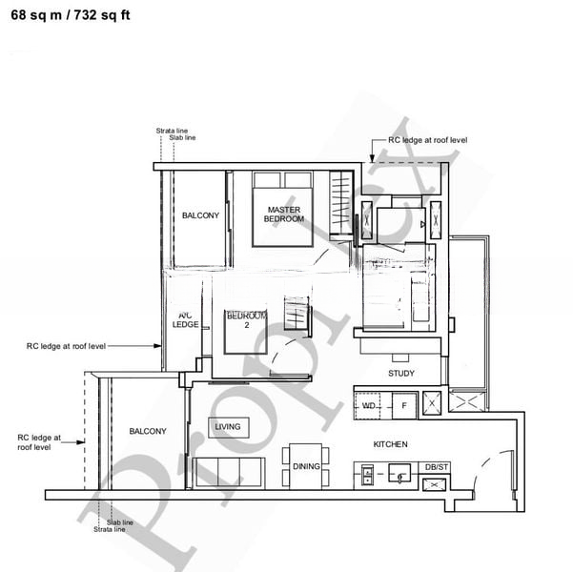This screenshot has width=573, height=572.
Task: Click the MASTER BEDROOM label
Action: (x=284, y=214)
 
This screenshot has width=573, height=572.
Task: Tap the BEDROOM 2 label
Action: (x=245, y=320)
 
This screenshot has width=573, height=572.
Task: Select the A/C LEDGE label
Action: (x=185, y=319)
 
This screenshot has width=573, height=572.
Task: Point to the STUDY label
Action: (x=401, y=374)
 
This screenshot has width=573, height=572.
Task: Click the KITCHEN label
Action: (x=390, y=444)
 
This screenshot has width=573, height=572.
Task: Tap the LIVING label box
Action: (x=227, y=426)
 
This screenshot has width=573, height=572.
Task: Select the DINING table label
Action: (x=306, y=466)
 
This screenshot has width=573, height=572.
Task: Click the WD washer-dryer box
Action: (x=368, y=405)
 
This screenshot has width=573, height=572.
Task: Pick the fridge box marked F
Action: (x=403, y=405)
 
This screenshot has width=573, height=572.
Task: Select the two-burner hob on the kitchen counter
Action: (x=366, y=476)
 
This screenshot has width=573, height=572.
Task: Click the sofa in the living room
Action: (x=229, y=472)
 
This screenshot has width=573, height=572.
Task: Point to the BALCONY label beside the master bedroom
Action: (x=200, y=215)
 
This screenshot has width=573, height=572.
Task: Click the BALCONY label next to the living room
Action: (x=148, y=431)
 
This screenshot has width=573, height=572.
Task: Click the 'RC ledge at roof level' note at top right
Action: (x=427, y=140)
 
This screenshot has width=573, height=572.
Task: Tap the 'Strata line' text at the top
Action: (x=172, y=131)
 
